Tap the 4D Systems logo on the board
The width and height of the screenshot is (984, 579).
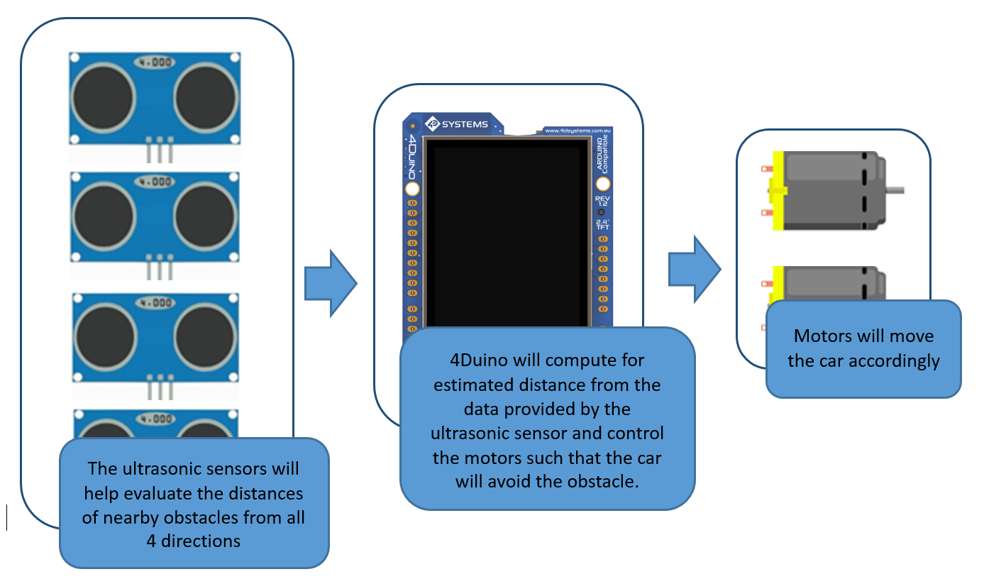click(x=458, y=124)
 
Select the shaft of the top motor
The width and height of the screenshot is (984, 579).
click(x=895, y=190)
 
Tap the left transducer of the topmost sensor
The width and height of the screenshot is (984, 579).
click(x=103, y=98)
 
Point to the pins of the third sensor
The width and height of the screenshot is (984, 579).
click(x=160, y=389)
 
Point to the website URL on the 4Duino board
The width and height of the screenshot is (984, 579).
click(x=577, y=130)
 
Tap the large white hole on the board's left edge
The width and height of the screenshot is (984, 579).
click(x=412, y=189)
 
